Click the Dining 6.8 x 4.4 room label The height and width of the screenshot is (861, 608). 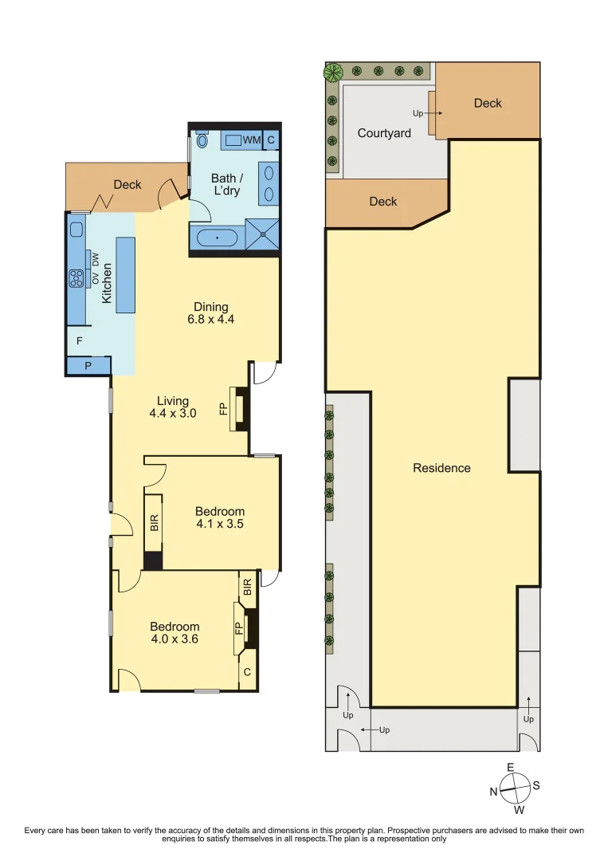tap(211, 313)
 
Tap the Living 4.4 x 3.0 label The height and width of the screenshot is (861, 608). tap(172, 407)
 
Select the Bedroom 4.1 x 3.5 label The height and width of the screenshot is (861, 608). tap(220, 517)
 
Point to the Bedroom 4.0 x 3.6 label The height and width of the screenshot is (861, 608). tap(175, 632)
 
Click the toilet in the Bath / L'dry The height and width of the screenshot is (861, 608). tap(202, 140)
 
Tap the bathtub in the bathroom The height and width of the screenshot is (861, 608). tap(216, 238)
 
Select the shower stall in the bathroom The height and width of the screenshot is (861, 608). tap(262, 233)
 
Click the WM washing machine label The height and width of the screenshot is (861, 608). tap(252, 140)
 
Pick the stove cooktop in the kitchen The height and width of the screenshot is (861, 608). tap(77, 278)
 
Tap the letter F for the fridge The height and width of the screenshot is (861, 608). tap(79, 341)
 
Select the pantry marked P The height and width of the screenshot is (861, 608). tap(87, 366)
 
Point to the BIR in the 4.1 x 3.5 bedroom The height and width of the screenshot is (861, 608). tap(154, 522)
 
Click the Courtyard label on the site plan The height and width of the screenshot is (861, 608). tap(384, 133)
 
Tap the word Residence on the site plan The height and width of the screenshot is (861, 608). tap(441, 468)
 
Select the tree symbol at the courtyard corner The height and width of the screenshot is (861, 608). tap(332, 73)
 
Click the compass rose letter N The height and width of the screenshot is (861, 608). tap(493, 792)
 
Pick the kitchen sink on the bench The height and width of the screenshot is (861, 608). tap(76, 230)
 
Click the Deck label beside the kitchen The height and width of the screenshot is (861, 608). tap(127, 184)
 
